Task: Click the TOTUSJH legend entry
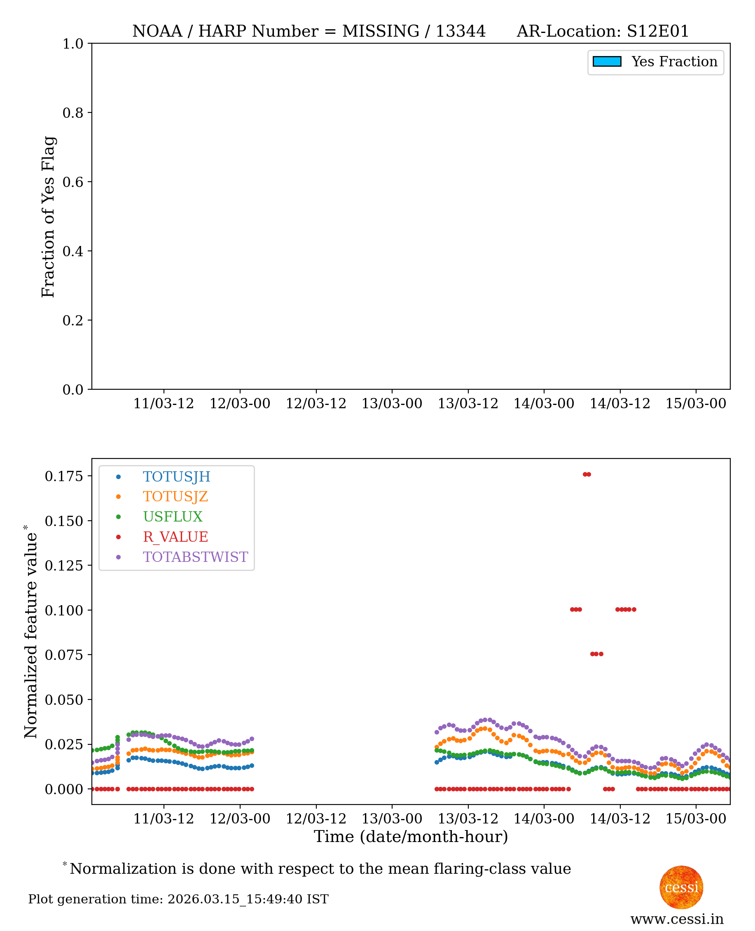coord(176,477)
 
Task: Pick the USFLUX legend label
coord(173,517)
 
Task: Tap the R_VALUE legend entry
coord(175,537)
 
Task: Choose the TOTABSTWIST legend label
coord(195,557)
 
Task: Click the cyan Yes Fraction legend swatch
coord(607,62)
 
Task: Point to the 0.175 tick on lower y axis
coord(63,477)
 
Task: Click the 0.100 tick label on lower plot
coord(63,611)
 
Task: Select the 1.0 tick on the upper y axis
coord(72,44)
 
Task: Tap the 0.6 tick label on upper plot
coord(72,182)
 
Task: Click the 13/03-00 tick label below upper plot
coord(392,404)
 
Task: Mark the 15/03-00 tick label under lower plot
coord(696,819)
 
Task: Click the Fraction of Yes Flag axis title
coord(48,217)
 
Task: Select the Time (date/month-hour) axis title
coord(411,837)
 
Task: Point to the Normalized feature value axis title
coord(30,633)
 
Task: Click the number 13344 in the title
coord(460,31)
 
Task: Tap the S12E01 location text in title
coord(657,31)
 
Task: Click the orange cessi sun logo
coord(681,887)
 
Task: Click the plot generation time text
coord(178,899)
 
